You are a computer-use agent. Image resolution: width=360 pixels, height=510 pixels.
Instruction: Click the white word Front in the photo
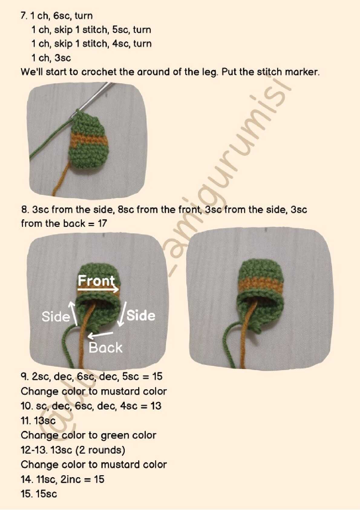[96, 281]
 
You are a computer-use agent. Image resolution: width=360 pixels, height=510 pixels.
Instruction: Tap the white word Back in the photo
[105, 348]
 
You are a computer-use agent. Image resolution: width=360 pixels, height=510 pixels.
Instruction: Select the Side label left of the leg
[56, 317]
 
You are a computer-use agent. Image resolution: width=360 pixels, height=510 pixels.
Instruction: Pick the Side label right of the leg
[141, 316]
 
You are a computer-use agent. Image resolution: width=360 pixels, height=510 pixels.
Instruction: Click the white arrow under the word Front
[98, 290]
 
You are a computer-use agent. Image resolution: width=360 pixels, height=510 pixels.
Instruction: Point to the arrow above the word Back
[100, 334]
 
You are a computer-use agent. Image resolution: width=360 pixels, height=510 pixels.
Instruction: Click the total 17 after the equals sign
[102, 224]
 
